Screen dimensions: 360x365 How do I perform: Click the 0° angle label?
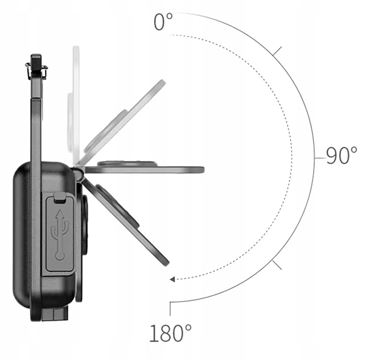[163, 22]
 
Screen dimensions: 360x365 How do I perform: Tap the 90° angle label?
[341, 155]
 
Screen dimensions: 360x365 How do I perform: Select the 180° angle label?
[170, 332]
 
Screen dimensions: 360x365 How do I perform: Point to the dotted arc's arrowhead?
[173, 279]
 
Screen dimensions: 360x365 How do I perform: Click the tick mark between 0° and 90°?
[277, 52]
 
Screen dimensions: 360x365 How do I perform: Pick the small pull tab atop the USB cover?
[59, 198]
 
